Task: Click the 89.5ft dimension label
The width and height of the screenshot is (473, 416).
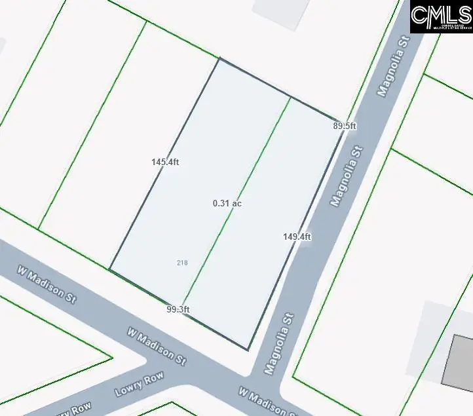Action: tap(344, 126)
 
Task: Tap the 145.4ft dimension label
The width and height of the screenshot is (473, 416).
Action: tap(164, 162)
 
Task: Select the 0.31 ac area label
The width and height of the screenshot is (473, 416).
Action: tap(227, 204)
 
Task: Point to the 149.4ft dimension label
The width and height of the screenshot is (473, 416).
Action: tap(297, 237)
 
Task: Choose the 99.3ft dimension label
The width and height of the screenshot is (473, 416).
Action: tap(178, 309)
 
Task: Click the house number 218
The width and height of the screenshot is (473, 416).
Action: tap(182, 263)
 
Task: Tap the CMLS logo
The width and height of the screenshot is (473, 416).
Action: tap(441, 17)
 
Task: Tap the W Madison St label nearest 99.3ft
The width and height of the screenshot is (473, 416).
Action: tap(157, 346)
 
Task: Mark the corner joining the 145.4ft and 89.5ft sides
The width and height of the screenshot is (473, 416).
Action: tap(219, 58)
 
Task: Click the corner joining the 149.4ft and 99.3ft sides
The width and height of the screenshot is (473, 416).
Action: tap(248, 350)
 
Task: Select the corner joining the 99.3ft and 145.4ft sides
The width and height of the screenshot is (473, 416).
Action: tap(109, 269)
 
